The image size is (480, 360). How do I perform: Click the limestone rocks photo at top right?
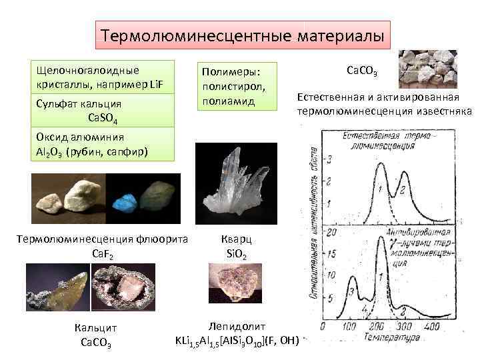[427, 67]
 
